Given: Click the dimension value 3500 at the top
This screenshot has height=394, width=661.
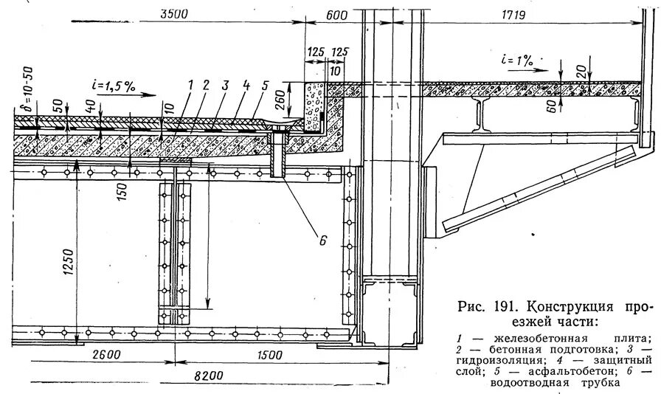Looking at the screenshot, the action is (173, 13).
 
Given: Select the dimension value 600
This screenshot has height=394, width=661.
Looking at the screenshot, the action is (336, 13).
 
